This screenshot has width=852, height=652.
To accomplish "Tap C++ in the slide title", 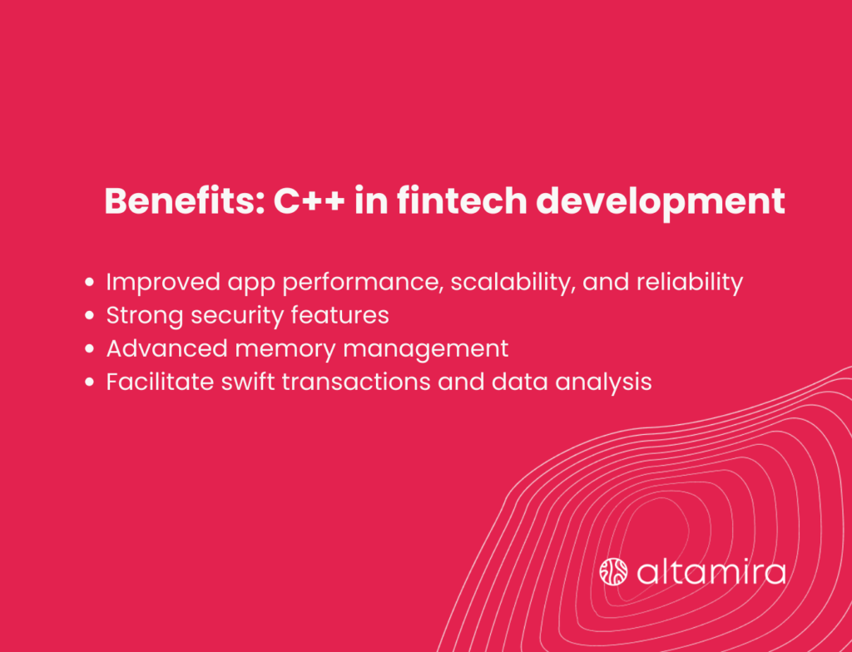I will click(310, 202).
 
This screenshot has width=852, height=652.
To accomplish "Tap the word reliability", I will click(690, 283).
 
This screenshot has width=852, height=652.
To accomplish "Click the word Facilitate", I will click(152, 382).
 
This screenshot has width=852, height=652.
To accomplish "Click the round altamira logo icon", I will click(613, 572).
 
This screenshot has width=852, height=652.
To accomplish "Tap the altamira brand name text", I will click(711, 572).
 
